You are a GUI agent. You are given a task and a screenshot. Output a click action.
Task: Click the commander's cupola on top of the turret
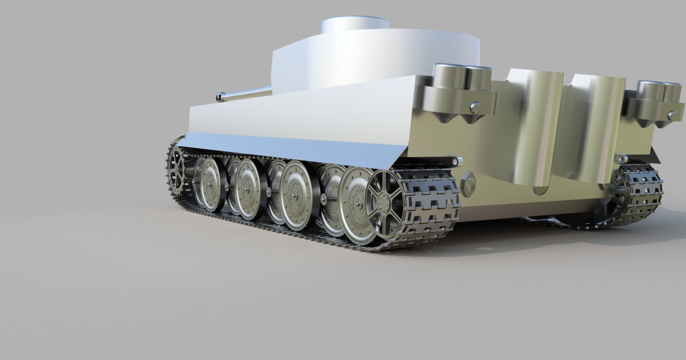(x=355, y=26)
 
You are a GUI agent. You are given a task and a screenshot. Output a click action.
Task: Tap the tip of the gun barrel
(x=220, y=98)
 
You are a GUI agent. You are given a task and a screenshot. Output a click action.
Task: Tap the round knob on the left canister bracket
(x=474, y=107)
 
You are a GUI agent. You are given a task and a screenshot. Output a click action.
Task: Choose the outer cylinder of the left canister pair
(x=449, y=77)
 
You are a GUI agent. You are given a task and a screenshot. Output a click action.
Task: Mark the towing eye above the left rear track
(x=456, y=161)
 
